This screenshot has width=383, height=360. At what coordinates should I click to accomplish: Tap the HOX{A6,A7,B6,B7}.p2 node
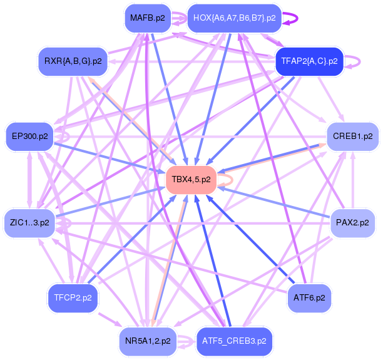click(x=234, y=18)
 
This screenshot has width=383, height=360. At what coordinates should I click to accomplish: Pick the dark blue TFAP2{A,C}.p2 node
click(x=309, y=61)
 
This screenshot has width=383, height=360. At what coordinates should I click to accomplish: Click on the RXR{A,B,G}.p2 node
click(x=73, y=61)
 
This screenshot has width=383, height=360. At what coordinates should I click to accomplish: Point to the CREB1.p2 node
click(x=352, y=135)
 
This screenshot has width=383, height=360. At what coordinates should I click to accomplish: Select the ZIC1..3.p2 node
click(x=29, y=222)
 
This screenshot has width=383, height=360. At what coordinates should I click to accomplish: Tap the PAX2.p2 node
click(x=352, y=222)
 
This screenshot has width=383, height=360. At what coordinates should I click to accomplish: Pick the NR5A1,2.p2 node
click(x=147, y=341)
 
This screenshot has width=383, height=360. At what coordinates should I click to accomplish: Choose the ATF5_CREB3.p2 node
click(x=234, y=341)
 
